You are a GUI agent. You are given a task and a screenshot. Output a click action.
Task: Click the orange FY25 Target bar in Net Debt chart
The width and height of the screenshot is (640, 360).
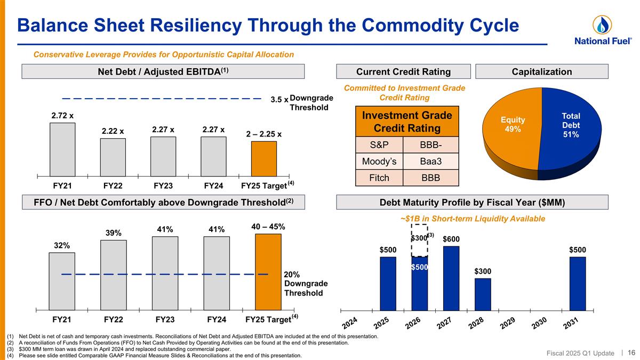(x=264, y=158)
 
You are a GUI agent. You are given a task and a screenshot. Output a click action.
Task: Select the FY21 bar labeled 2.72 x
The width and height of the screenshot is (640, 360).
(x=62, y=149)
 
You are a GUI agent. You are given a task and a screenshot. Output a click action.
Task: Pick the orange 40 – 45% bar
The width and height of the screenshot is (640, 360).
(x=268, y=271)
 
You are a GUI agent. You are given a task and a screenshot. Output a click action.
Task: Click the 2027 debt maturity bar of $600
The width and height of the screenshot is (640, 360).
(x=451, y=277)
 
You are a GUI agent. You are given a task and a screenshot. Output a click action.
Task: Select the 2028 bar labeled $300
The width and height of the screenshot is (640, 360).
(x=483, y=294)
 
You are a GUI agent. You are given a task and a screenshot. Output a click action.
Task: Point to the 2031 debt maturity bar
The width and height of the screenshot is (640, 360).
(x=577, y=283)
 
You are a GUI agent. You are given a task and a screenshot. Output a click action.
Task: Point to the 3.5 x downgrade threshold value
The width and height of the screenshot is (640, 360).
(x=279, y=99)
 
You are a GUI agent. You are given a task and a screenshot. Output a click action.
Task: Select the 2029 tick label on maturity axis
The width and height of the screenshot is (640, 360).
(x=507, y=323)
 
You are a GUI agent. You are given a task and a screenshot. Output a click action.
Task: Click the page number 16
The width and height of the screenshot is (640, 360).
(x=631, y=353)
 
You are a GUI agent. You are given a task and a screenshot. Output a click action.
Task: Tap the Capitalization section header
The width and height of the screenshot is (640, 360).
(x=541, y=71)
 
